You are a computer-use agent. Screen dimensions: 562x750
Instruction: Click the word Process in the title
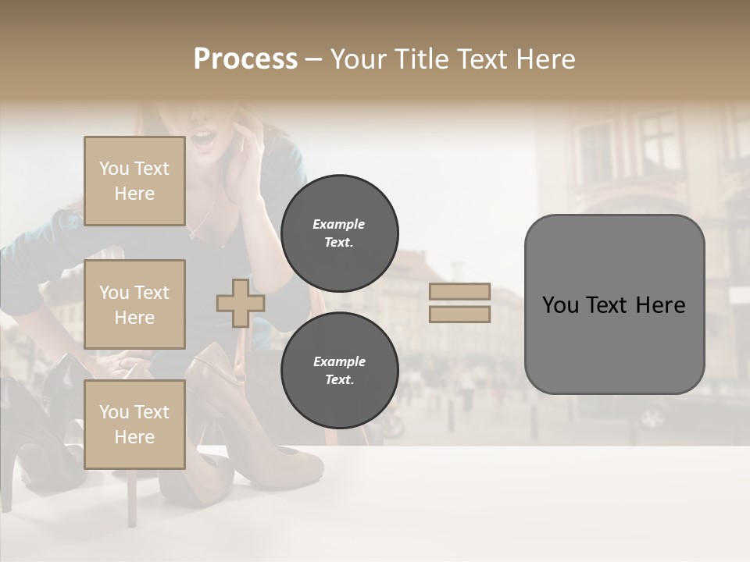[245, 59]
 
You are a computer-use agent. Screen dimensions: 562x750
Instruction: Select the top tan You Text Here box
[134, 181]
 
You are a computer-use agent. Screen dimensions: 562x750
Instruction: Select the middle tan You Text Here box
[134, 304]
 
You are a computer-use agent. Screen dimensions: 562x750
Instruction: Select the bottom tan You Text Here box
[134, 424]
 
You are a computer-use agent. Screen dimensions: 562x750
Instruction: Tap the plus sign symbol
[241, 304]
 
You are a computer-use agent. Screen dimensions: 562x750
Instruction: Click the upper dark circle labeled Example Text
[339, 233]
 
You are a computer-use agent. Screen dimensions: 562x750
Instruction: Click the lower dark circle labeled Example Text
[339, 370]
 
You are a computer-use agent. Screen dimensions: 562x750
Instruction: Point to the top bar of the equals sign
[460, 292]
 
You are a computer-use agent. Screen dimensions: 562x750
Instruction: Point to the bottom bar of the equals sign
[460, 315]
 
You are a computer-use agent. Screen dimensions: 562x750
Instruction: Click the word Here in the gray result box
[660, 305]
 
